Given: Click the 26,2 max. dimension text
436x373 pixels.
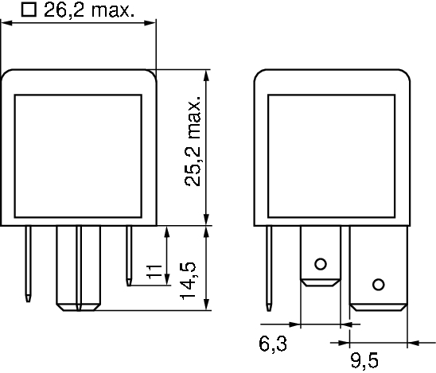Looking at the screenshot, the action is pos(89,10).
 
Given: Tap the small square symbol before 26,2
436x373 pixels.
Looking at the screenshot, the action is pos(29,10).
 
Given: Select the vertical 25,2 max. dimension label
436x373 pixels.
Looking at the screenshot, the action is pos(193,142).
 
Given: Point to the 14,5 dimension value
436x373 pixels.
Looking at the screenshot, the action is pos(188,280).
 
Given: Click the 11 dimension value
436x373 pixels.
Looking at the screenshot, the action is pos(154,272).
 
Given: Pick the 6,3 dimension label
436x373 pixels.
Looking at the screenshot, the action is pos(273,344).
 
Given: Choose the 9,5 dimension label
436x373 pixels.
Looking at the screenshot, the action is pos(364,360).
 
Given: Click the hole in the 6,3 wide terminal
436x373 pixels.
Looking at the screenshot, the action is pos(321,264).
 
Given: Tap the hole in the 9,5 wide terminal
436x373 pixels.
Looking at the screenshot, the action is pos(379,285).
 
